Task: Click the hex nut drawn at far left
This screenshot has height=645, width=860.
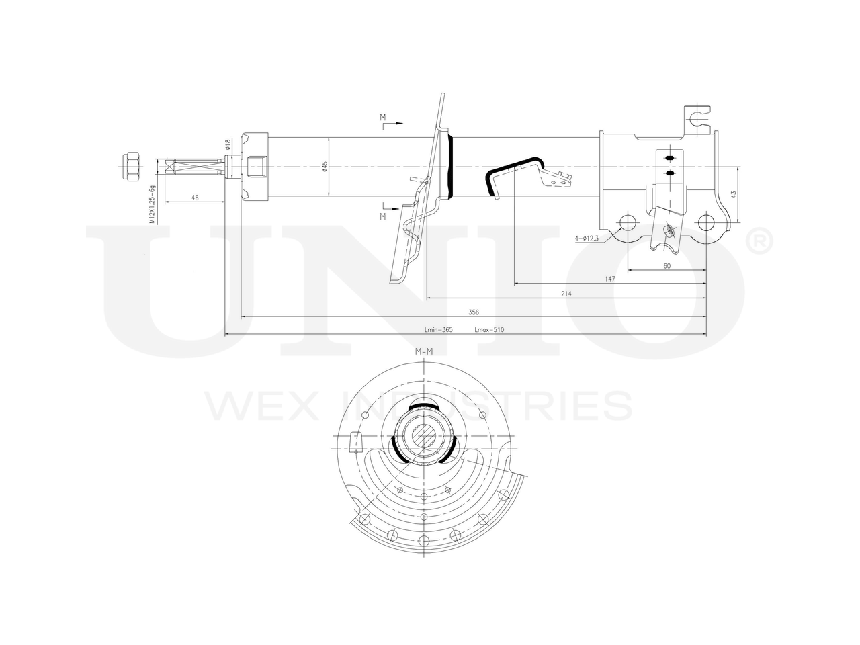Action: [x=130, y=166]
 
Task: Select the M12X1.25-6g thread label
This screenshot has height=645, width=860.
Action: [x=152, y=204]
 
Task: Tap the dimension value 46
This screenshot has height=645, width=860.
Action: [x=195, y=198]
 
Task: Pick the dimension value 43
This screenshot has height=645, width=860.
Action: [x=734, y=194]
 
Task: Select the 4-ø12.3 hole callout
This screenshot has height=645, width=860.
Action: [x=587, y=239]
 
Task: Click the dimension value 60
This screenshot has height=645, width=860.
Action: [x=666, y=266]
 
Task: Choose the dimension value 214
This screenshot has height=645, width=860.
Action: [x=566, y=294]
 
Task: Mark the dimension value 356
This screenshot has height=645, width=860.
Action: [x=474, y=312]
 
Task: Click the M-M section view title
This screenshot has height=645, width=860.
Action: [x=423, y=351]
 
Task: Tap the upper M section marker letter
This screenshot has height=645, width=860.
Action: [x=383, y=118]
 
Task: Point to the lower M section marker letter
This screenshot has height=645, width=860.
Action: [x=383, y=216]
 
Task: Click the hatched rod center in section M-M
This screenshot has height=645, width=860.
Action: [x=425, y=435]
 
